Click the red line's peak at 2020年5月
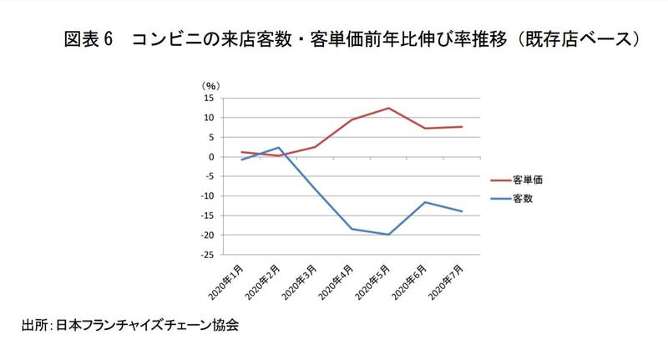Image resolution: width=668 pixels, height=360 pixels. pos(388,108)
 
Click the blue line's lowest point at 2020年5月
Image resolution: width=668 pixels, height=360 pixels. pos(388,235)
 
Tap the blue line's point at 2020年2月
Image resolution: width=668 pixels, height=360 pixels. pos(279,148)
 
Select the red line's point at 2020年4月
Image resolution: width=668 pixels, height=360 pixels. pos(352,119)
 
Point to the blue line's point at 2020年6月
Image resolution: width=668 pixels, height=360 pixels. pos(425,202)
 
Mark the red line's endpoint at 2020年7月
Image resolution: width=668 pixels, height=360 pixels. pos(462,127)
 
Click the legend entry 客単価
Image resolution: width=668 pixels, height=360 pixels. pos(529,179)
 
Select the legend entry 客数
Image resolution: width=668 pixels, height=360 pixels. pos(524,199)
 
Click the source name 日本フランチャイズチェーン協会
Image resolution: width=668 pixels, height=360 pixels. pos(147,325)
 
